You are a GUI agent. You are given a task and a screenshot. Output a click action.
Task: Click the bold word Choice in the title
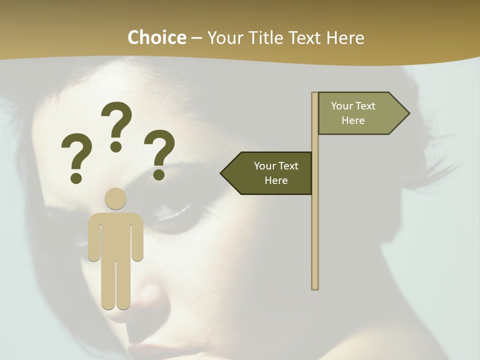[x=156, y=37]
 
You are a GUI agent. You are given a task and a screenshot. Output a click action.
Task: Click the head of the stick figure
[x=115, y=198]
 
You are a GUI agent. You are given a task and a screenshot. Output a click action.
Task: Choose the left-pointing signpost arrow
[x=267, y=173]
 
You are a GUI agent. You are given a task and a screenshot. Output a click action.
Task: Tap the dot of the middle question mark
[x=116, y=146]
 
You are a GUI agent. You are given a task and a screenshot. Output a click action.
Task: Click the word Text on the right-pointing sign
[x=366, y=106]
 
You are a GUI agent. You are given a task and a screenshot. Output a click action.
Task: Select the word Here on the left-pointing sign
[x=276, y=180]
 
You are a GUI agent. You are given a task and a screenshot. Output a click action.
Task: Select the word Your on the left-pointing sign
[x=265, y=166]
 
